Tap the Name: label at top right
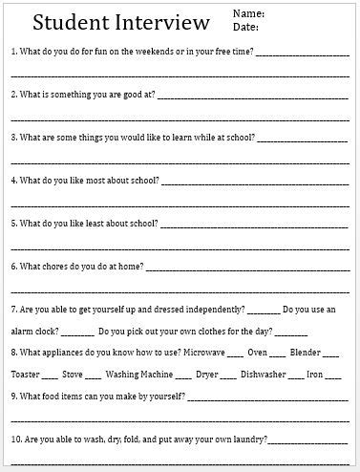246,14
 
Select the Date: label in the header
244,28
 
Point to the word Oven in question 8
257,353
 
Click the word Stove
74,375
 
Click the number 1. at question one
12,50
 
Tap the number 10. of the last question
15,440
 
